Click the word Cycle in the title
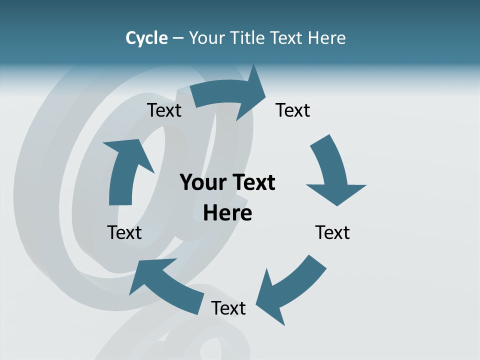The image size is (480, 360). point(146,38)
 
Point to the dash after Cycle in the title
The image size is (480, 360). point(178,38)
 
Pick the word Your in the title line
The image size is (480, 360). point(207,38)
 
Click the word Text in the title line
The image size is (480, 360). point(287,38)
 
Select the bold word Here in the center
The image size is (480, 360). point(227,213)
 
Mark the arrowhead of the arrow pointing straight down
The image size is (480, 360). point(336,192)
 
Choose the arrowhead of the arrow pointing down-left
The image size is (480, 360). point(270,297)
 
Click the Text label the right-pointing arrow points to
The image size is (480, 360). point(293,110)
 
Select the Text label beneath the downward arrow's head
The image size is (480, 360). point(332,233)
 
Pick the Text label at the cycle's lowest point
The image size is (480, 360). point(228,308)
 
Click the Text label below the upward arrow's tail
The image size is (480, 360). point(124,233)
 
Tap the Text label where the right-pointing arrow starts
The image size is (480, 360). point(164,110)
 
